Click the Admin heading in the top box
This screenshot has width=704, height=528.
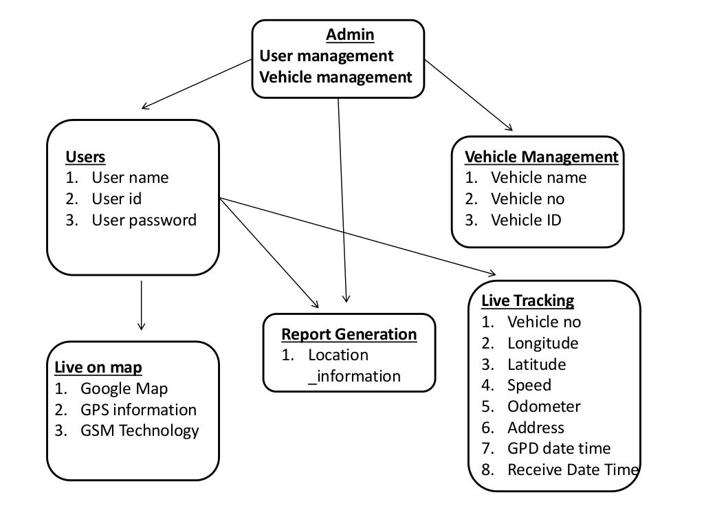350,34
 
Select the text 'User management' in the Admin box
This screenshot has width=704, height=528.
327,55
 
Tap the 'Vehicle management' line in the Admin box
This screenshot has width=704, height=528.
335,76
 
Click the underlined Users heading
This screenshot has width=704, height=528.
85,157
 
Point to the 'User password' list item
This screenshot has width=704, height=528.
144,220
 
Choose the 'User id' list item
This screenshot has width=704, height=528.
116,199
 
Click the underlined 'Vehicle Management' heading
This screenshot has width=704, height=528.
541,157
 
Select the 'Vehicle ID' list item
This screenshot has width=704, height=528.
525,220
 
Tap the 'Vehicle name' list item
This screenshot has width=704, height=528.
538,177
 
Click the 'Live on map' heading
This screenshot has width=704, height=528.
98,367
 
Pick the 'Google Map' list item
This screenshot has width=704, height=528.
124,388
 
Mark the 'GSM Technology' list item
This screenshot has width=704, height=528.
140,430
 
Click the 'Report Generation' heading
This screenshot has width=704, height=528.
349,334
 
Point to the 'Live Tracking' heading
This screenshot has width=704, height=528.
527,300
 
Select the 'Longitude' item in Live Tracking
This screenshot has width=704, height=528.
542,342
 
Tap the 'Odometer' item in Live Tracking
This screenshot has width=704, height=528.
544,406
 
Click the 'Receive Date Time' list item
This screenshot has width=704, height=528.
573,470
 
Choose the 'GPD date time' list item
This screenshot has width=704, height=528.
558,448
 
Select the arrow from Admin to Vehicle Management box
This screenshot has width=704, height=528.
469,95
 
